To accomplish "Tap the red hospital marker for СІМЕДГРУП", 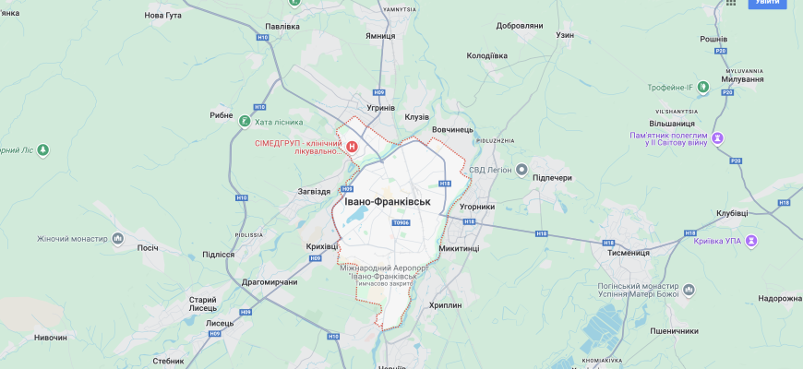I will [x=352, y=146].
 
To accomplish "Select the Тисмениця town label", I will [x=629, y=252].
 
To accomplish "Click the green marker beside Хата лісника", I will [x=244, y=121].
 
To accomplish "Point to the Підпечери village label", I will [x=553, y=176].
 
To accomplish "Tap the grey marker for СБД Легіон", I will [x=521, y=170].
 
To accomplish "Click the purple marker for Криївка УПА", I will [x=752, y=241].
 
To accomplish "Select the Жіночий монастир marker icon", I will [x=117, y=239].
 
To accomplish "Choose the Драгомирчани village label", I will [x=269, y=281].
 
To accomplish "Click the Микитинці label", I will [x=460, y=248].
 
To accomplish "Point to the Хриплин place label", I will [x=445, y=305].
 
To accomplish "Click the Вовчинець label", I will [x=452, y=130].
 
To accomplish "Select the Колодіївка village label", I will [x=487, y=55].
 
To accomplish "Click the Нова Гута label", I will [x=164, y=16].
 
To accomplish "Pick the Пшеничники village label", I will [x=674, y=330].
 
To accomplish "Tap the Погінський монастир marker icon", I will [x=688, y=292].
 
